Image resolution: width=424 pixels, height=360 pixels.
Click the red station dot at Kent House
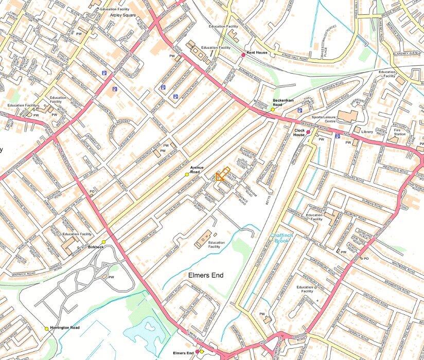(243, 55)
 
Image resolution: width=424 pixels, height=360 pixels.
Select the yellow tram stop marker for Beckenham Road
(273, 109)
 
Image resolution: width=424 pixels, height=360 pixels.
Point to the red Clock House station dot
(309, 132)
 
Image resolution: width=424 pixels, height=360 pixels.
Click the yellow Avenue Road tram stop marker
(187, 175)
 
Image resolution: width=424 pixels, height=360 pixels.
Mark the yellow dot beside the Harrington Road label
(46, 328)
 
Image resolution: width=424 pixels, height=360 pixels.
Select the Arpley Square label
(122, 15)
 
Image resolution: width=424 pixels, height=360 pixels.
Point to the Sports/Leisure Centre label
(322, 119)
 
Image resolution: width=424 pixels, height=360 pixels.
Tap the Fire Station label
(400, 132)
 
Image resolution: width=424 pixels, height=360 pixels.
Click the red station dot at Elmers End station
(198, 352)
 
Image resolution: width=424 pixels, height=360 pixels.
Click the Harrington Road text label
(65, 328)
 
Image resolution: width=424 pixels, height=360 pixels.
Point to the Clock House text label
(299, 133)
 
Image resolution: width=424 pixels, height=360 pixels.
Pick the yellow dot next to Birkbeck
(103, 242)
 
